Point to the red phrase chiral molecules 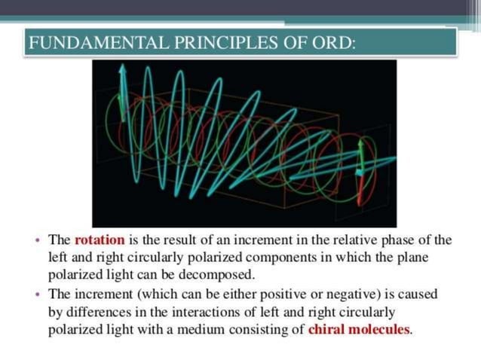[360, 329]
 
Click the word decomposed [220, 274]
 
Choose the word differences [93, 312]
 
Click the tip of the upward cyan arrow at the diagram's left [122, 67]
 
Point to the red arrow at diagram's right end [360, 177]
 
